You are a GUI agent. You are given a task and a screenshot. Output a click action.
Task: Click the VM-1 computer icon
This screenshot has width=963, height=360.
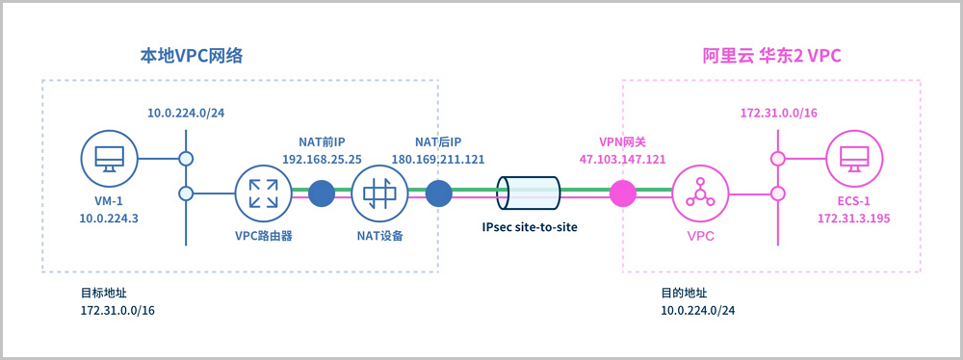pos(110,159)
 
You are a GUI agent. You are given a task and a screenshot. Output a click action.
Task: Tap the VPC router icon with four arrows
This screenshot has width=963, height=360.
pos(262,193)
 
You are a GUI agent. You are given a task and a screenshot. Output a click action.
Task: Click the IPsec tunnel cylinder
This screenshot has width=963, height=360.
pos(528,193)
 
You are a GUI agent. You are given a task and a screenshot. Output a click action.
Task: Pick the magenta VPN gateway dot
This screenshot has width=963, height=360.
pos(623,193)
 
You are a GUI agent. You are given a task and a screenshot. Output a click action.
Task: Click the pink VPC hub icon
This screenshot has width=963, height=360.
pos(700,193)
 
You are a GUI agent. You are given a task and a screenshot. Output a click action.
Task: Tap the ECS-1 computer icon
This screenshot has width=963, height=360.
pos(853,159)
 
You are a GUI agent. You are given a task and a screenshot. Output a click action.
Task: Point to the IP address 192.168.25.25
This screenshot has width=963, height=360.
pos(322,159)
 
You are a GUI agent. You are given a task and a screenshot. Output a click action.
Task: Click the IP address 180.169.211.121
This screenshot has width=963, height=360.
pos(438,159)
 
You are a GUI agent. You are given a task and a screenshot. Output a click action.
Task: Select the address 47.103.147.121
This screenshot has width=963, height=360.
pos(623,159)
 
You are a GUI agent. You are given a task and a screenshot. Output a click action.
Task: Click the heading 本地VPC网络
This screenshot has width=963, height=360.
pos(193,57)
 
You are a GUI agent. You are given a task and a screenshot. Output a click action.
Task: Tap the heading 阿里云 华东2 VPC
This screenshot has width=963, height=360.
pos(770,57)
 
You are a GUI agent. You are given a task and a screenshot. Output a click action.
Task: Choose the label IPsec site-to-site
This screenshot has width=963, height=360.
pos(530,227)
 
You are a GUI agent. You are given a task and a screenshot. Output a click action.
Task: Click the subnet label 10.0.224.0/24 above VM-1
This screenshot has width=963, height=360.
pos(186,113)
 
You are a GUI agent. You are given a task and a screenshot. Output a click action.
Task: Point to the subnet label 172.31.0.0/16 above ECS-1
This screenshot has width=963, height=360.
pos(778,113)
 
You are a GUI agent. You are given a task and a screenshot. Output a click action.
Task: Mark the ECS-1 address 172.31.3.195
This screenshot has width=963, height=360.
pos(853,219)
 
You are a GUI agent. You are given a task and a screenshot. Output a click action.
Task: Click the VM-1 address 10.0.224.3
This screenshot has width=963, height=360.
pos(110,219)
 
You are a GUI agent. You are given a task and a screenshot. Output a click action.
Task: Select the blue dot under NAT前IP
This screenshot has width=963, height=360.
pos(322,193)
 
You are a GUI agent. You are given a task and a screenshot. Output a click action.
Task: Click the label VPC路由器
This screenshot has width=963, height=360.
pos(263,235)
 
